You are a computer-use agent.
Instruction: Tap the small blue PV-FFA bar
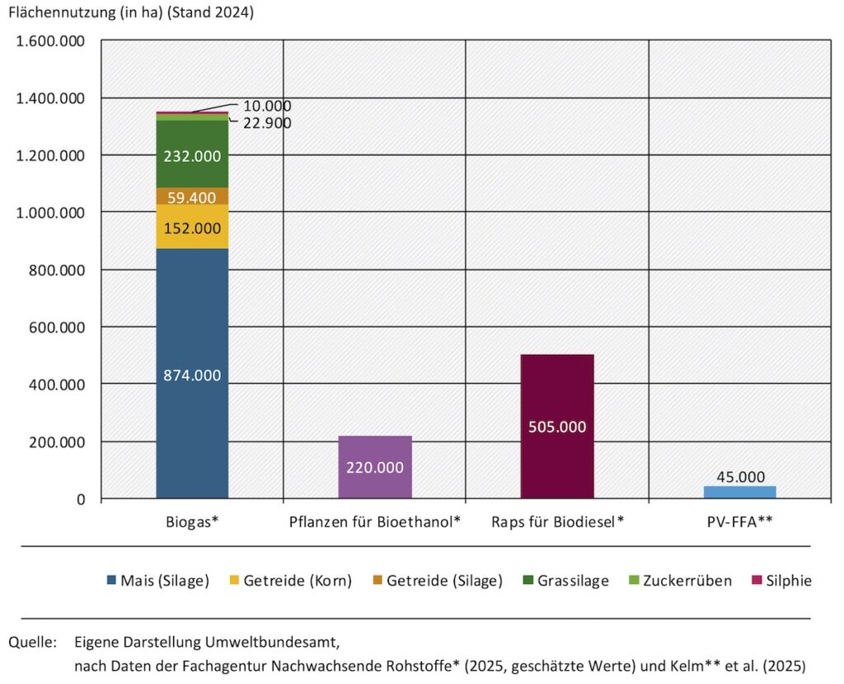(x=739, y=492)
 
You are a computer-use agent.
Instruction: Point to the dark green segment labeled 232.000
(x=192, y=154)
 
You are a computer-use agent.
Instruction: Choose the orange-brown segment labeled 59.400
(x=192, y=197)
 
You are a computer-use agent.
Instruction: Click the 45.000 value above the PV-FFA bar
(x=740, y=477)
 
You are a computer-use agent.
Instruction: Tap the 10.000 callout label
(x=267, y=106)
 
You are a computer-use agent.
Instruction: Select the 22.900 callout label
(x=267, y=123)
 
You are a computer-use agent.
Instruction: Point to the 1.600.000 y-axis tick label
(x=50, y=41)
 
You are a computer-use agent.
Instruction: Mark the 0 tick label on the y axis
(x=81, y=499)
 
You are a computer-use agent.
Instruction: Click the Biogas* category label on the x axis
(x=192, y=522)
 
